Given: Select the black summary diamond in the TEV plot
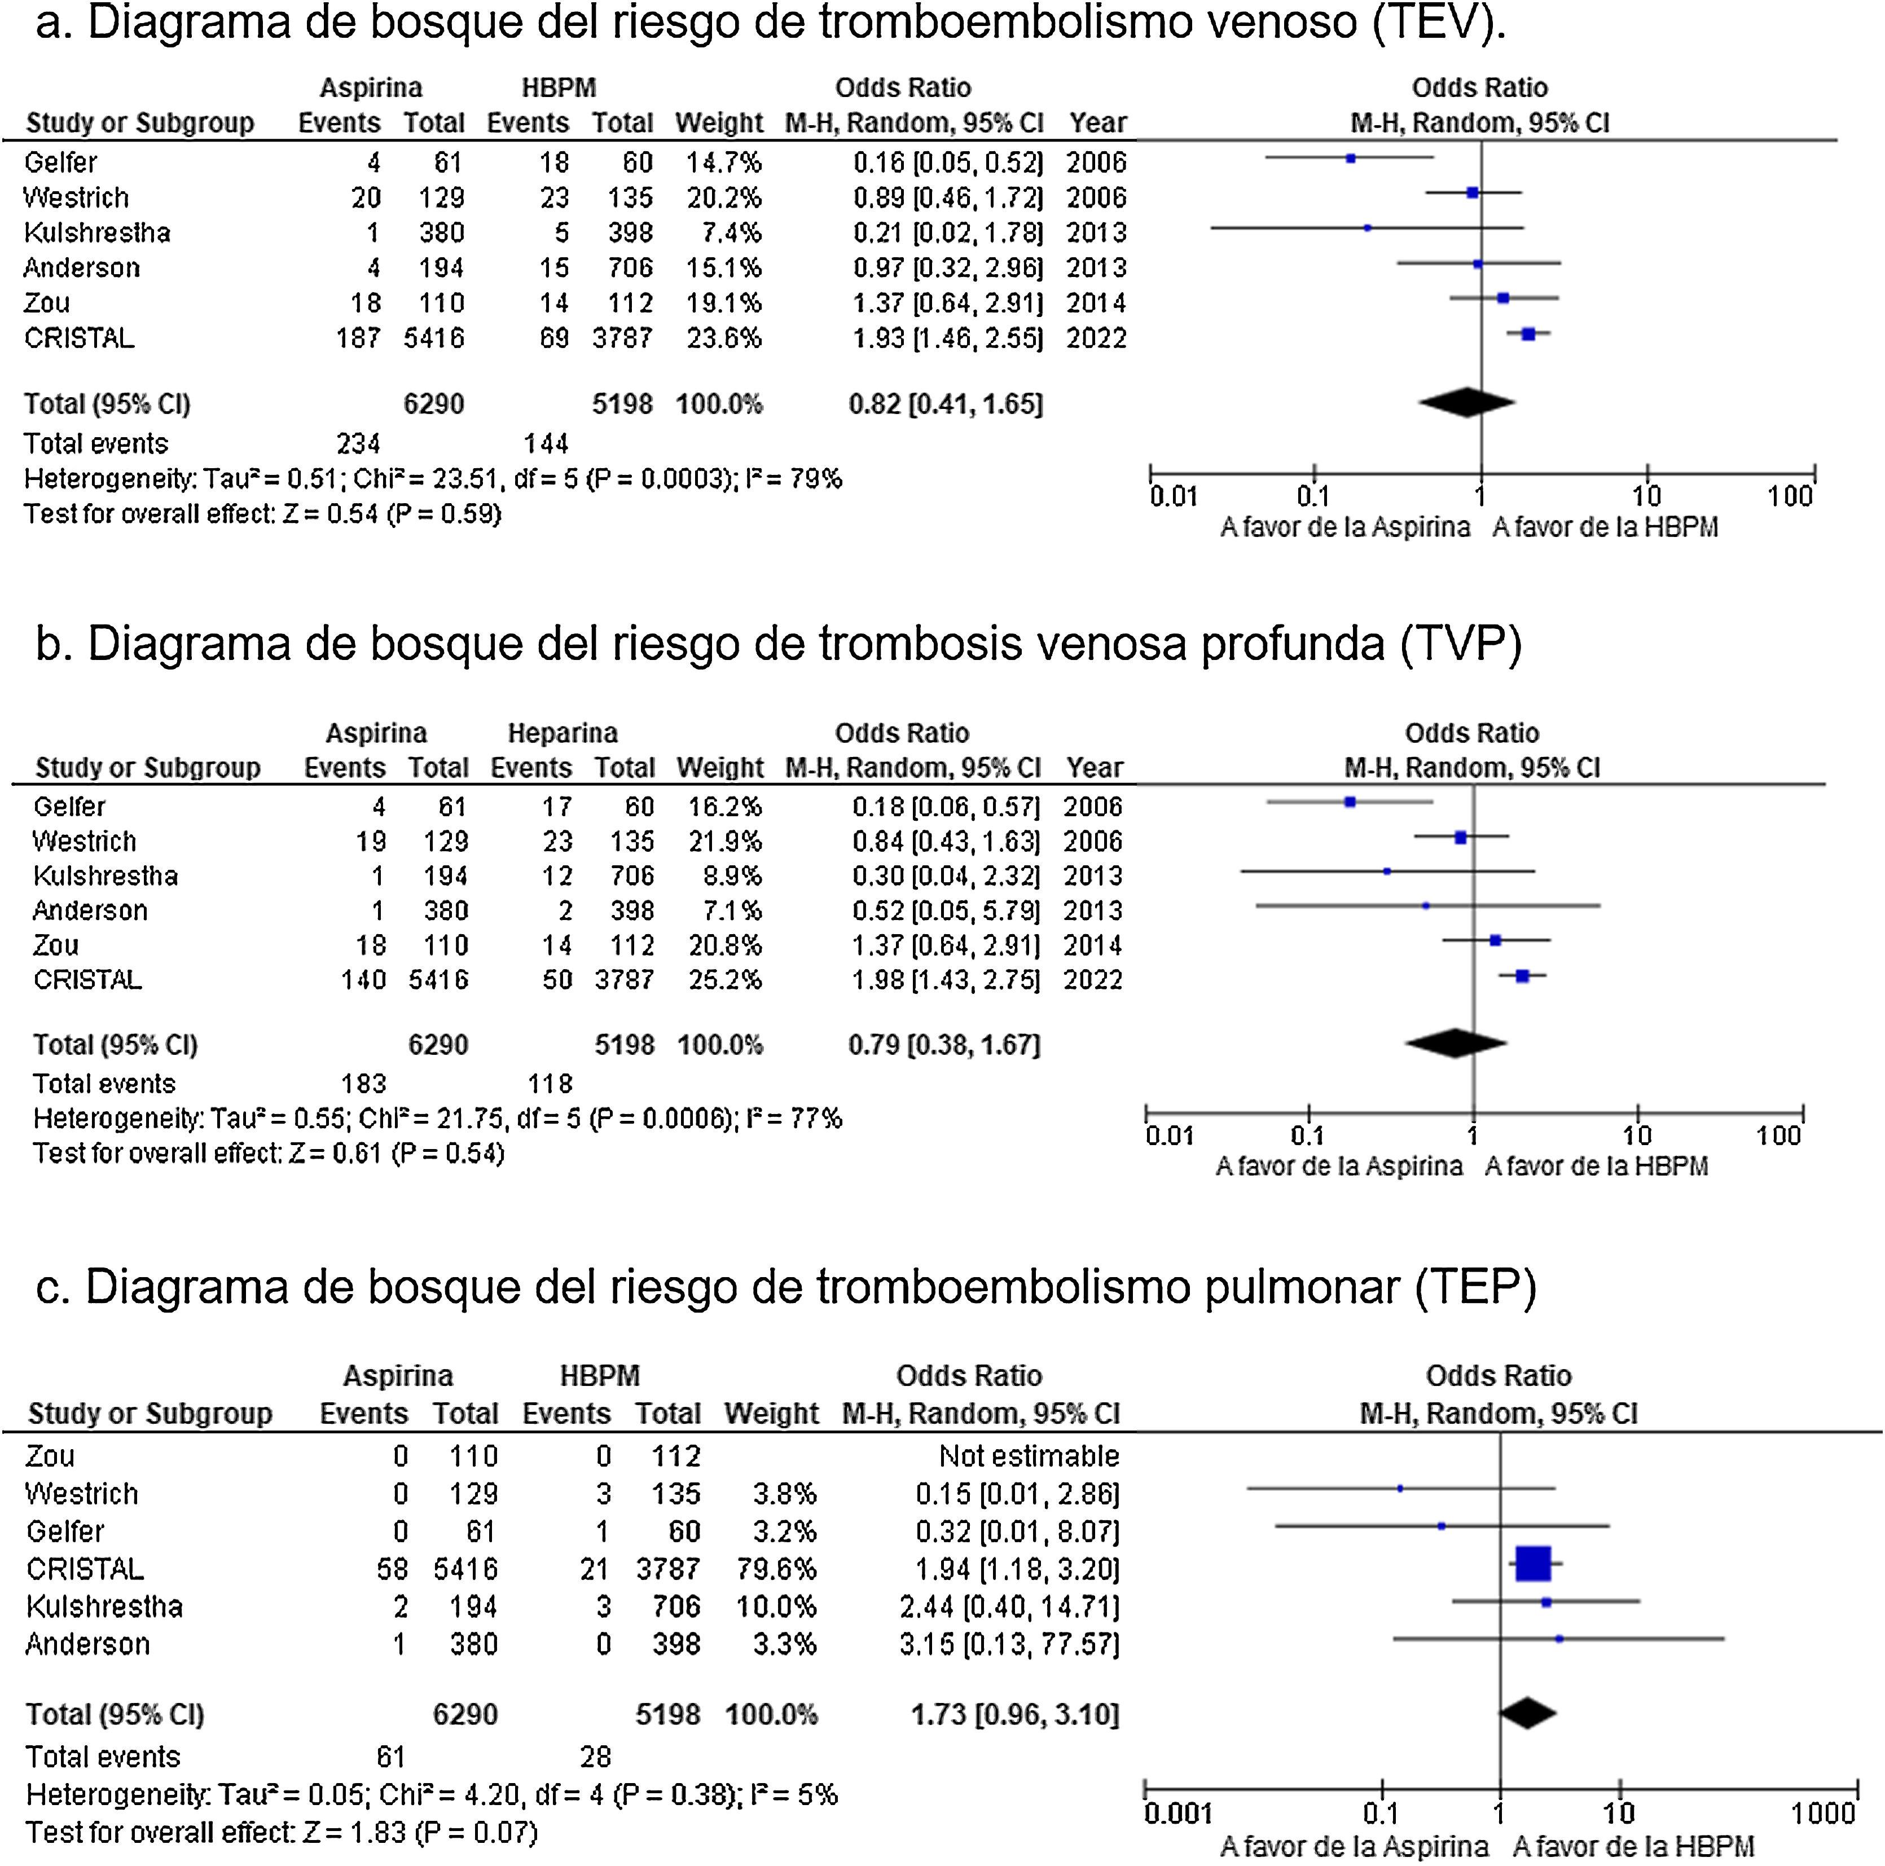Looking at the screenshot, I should point(1466,402).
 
